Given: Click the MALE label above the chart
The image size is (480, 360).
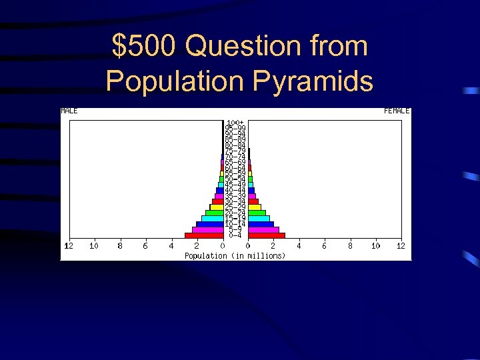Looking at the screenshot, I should [x=69, y=111].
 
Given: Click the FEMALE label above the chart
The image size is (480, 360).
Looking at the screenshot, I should [x=397, y=111].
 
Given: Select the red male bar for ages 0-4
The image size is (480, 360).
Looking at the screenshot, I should [x=204, y=235].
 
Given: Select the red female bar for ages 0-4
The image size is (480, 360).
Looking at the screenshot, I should [x=266, y=235].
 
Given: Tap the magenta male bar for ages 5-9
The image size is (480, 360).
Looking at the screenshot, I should [x=207, y=229].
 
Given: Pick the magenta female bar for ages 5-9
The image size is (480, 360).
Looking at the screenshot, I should [x=263, y=229].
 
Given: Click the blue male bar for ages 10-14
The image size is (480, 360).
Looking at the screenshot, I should [x=209, y=224].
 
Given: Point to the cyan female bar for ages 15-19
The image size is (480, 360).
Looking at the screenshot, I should [x=259, y=218].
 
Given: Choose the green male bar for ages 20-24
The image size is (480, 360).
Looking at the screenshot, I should [x=214, y=213].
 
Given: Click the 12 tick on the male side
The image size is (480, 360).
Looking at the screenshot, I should [x=68, y=246].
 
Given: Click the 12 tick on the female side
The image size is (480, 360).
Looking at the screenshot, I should [x=401, y=246].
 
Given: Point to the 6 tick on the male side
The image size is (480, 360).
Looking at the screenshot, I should [x=145, y=246].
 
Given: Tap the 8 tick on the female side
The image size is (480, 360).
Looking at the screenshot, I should [x=350, y=246].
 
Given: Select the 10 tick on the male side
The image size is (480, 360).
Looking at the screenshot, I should [x=94, y=246].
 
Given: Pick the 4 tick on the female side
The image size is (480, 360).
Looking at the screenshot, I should [x=299, y=246].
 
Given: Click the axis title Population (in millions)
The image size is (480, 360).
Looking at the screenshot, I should [x=235, y=255].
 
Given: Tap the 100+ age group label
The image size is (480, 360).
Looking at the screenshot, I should [x=235, y=123].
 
